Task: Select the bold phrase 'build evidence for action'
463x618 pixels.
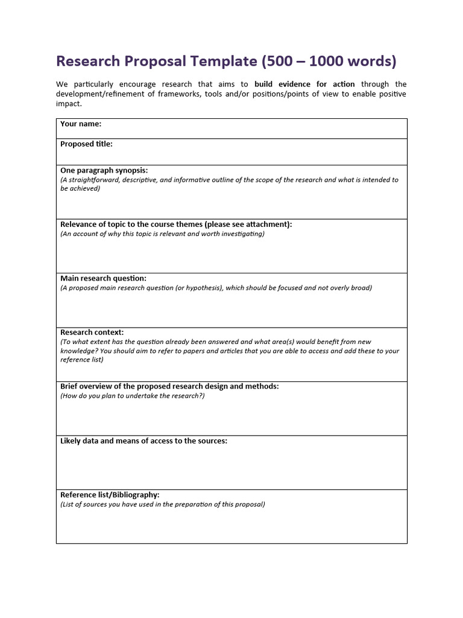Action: (x=304, y=84)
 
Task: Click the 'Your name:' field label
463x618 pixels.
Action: (x=81, y=124)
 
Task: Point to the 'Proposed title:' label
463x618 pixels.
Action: (x=86, y=144)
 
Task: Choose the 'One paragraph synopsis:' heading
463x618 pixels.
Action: (x=104, y=170)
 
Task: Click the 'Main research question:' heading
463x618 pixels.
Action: (x=103, y=278)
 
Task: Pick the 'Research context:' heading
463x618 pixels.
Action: (x=92, y=332)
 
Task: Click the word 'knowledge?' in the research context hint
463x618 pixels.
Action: (x=78, y=351)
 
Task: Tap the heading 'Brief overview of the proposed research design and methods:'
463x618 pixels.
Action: (x=169, y=386)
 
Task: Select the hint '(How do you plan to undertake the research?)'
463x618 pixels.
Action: (x=132, y=396)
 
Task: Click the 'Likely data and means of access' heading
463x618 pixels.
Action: (x=143, y=441)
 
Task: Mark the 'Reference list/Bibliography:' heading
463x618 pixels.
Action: (x=110, y=494)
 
